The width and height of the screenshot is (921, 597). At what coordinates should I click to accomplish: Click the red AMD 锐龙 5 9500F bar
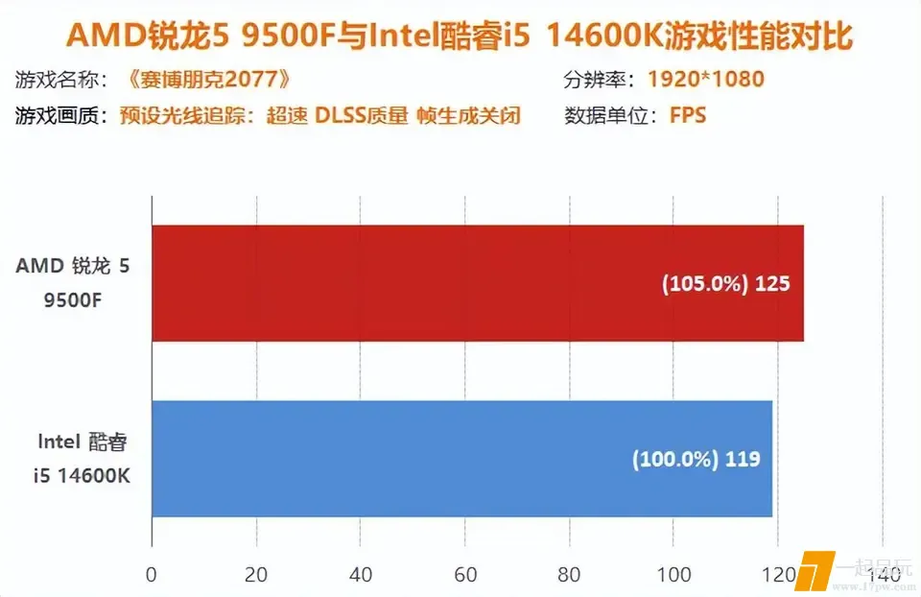[x=477, y=283]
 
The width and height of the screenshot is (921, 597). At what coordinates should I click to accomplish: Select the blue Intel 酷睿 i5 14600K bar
[x=461, y=458]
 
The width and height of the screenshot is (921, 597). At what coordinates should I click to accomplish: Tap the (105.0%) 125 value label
[x=725, y=284]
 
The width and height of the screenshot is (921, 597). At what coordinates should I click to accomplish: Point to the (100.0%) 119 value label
[x=696, y=459]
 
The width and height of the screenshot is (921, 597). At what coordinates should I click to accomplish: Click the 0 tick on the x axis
[x=152, y=574]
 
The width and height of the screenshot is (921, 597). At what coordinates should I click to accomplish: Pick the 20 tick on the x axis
[x=256, y=574]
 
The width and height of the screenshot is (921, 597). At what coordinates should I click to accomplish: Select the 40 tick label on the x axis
[x=361, y=574]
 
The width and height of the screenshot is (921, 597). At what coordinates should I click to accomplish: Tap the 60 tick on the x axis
[x=465, y=574]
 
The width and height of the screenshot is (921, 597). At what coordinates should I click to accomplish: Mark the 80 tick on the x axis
[x=570, y=574]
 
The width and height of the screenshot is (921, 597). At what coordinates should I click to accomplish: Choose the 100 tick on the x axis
[x=673, y=574]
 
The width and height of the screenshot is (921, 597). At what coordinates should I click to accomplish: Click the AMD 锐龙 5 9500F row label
[x=72, y=283]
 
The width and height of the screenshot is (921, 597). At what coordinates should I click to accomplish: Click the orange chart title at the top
[x=460, y=36]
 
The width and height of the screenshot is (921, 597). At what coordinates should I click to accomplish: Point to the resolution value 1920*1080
[x=705, y=79]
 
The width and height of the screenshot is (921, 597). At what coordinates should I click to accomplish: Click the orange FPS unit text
[x=687, y=115]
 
